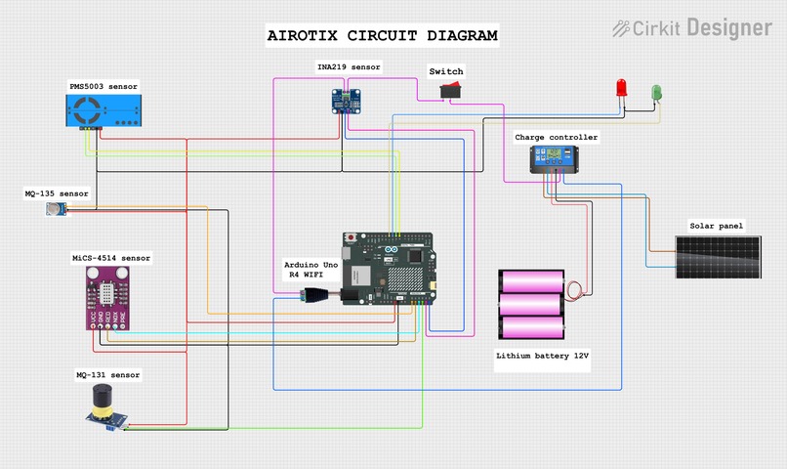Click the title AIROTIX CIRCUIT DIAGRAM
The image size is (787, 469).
(383, 36)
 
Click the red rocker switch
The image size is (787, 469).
(449, 91)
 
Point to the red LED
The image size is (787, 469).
(621, 89)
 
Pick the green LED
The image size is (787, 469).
(656, 92)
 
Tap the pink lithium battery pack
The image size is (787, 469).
(532, 304)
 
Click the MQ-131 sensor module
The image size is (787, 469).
(104, 406)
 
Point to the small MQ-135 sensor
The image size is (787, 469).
(53, 210)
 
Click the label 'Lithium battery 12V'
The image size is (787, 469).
(542, 357)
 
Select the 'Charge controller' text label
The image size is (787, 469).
(557, 138)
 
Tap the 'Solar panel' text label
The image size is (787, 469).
(716, 227)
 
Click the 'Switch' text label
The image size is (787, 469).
(446, 71)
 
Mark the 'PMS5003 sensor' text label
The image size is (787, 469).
(104, 87)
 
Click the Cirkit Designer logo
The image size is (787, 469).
(692, 29)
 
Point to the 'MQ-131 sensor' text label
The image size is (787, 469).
(108, 375)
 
